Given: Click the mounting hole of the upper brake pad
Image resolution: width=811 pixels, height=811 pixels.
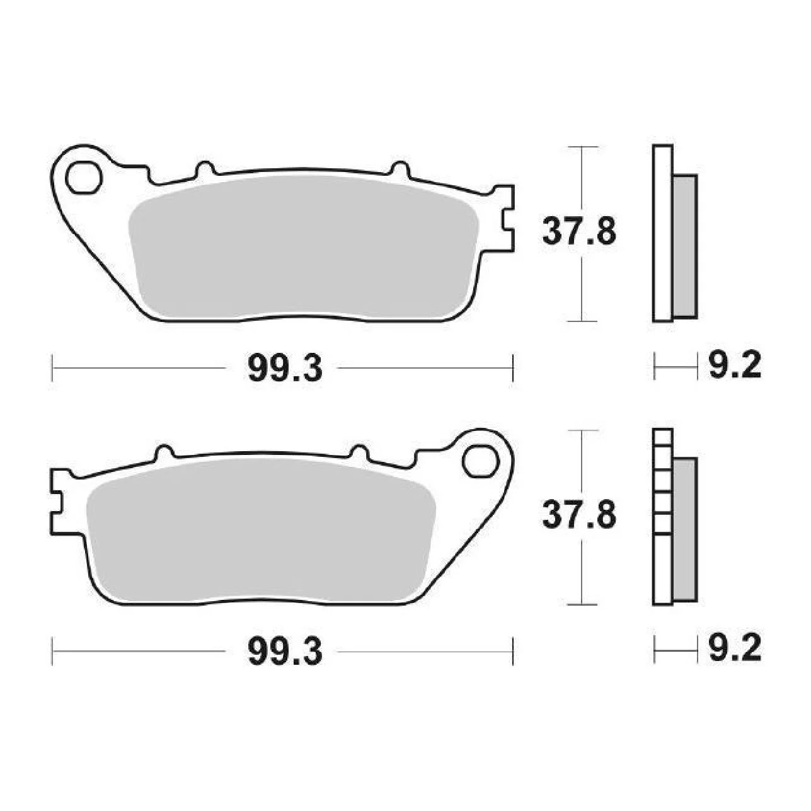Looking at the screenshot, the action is click(x=84, y=178).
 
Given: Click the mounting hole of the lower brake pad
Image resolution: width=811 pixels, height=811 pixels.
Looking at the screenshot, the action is click(x=480, y=462).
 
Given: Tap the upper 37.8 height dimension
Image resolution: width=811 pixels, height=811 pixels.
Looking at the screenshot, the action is click(x=579, y=231).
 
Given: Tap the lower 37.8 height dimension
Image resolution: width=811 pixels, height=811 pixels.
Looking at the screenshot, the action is click(x=579, y=514).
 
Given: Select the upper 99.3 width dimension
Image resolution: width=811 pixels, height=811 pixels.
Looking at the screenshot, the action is click(x=285, y=367).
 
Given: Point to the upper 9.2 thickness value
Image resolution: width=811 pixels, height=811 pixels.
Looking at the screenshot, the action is click(x=734, y=365).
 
